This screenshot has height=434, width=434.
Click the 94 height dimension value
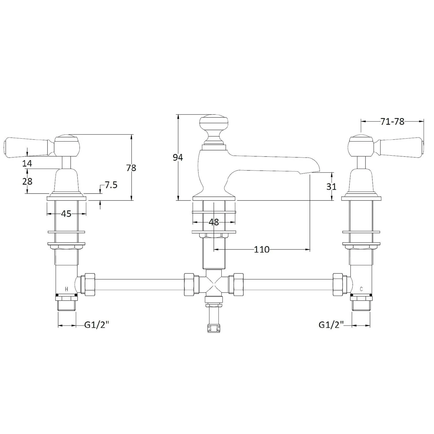point(178,158)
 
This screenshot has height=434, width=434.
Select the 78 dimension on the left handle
point(131,168)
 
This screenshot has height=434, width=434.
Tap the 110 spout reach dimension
point(262,249)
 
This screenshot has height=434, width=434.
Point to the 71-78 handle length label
point(392,122)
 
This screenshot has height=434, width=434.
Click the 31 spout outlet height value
point(331,187)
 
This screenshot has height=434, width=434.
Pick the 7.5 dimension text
point(111,185)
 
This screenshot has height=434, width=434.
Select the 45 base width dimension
point(66,214)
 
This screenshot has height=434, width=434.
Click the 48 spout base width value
point(214,222)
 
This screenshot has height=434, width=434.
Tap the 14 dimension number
point(27,163)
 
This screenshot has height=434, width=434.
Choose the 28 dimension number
point(27,181)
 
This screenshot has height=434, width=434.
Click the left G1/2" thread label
point(96,325)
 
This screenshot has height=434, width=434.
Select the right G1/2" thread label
point(331,325)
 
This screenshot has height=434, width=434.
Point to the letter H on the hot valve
point(67,289)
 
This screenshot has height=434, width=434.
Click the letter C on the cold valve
point(361,289)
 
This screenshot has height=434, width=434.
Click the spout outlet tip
point(310,172)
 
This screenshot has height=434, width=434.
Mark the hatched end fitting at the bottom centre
point(214,328)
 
